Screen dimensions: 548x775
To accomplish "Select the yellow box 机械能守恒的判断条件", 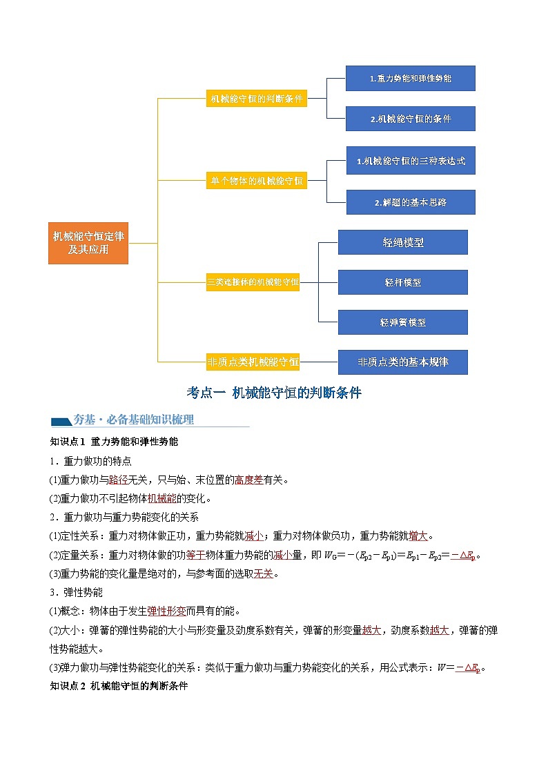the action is (x=256, y=99).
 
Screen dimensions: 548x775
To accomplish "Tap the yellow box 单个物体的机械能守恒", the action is (x=256, y=182).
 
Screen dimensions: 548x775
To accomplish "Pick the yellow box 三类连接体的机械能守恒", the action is (x=253, y=282).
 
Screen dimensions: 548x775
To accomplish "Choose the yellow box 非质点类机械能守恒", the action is (x=253, y=361).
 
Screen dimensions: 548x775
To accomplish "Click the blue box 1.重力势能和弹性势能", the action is (x=410, y=79).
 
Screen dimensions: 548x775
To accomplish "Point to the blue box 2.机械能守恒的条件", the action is (x=410, y=119).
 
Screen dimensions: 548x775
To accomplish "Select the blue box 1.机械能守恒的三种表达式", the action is (x=410, y=161).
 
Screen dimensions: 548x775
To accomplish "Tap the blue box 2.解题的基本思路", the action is (x=410, y=202).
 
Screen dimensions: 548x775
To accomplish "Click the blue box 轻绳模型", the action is (x=402, y=242).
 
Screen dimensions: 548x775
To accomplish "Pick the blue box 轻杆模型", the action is (x=402, y=282).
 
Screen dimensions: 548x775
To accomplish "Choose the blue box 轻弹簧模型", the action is (x=402, y=322).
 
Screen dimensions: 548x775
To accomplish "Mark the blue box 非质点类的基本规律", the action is (x=402, y=362).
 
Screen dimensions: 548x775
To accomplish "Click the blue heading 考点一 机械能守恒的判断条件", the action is (x=274, y=393).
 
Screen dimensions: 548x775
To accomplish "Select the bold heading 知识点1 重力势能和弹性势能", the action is (x=115, y=441).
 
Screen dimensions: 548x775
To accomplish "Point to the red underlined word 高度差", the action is (x=248, y=480).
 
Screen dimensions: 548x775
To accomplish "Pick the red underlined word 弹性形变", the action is (x=166, y=611).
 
